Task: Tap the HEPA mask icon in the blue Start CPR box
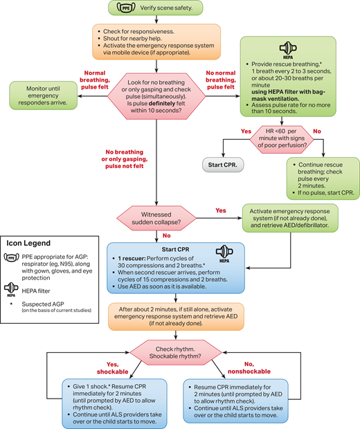click(224, 253)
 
